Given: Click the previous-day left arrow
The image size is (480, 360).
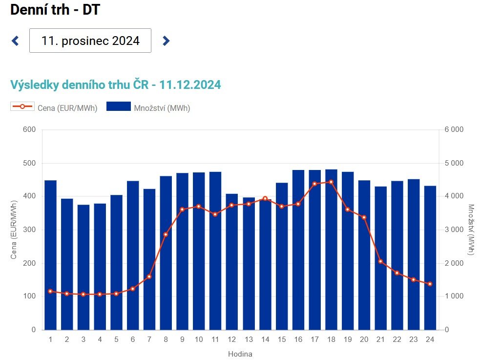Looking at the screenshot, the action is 15,41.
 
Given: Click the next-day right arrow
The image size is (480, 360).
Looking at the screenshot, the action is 166,41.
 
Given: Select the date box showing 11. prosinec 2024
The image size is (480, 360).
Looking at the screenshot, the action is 90,41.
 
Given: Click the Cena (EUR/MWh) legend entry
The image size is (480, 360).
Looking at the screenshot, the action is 54,107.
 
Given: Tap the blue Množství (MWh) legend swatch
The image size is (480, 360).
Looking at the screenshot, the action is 119,106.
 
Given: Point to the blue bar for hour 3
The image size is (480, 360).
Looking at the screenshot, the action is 83,267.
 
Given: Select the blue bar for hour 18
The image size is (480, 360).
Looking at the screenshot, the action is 331,250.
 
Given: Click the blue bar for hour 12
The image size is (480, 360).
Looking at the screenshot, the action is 232,262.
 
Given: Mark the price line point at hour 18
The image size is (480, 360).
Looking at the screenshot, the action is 331,182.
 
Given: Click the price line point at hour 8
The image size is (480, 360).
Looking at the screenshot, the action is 166,235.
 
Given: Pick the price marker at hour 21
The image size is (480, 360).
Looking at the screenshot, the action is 380,261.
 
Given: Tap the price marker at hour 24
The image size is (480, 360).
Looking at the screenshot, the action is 430,284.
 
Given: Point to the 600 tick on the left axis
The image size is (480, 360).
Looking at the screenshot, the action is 29,129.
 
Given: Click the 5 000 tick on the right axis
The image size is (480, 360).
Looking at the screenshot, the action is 454,163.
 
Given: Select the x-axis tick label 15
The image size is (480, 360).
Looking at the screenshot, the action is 282,339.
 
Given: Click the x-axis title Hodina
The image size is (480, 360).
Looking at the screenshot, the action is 240,354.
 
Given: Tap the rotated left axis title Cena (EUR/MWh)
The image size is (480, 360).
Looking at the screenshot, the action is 14,230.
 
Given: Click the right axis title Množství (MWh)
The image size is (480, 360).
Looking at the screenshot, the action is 471,230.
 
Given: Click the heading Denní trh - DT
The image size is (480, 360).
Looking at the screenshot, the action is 55,9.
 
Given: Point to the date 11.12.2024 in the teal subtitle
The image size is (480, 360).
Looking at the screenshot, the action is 190,85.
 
